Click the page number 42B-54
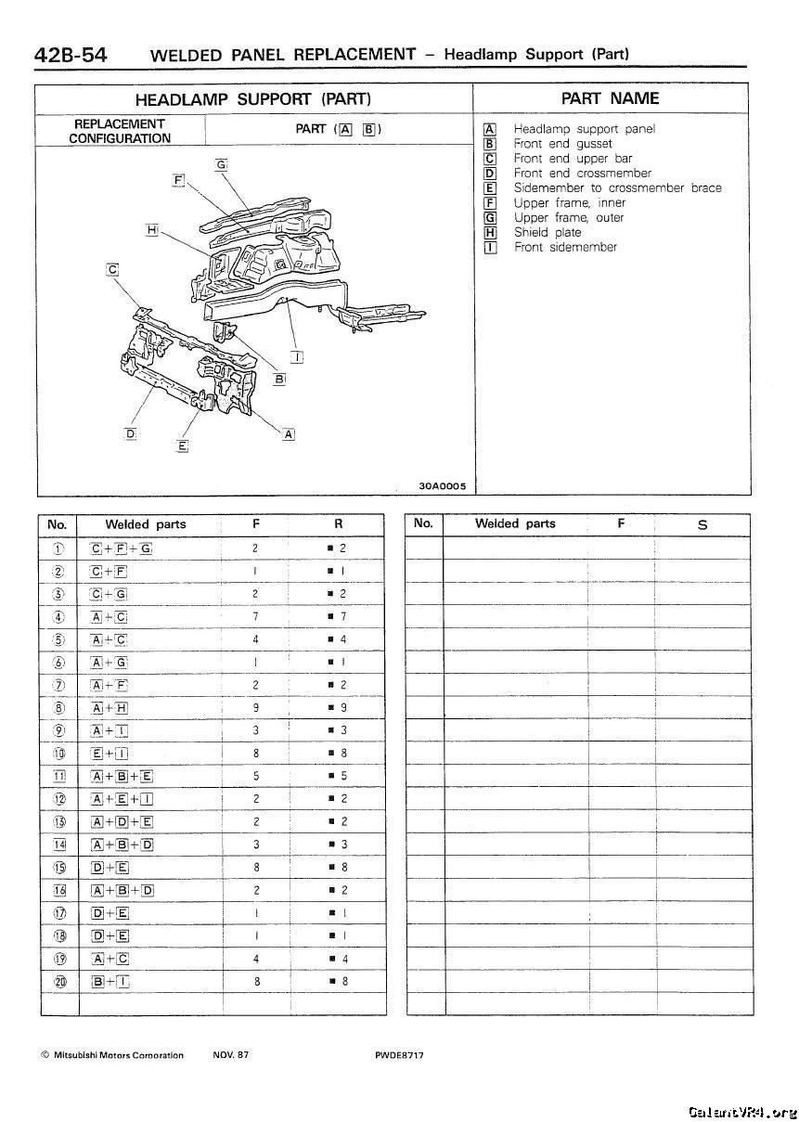point(71,54)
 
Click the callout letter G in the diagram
point(221,164)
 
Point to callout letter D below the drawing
point(131,433)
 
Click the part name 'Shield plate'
point(548,232)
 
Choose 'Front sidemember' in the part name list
point(565,247)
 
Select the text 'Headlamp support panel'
point(584,129)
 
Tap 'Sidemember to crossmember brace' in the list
point(617,187)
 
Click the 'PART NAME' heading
point(610,98)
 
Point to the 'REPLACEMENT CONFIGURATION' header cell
point(120,131)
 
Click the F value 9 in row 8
point(255,708)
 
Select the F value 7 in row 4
point(255,616)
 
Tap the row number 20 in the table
point(58,980)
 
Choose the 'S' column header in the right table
point(702,525)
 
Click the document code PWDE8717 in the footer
point(399,1055)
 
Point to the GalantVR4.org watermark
point(741,1112)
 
